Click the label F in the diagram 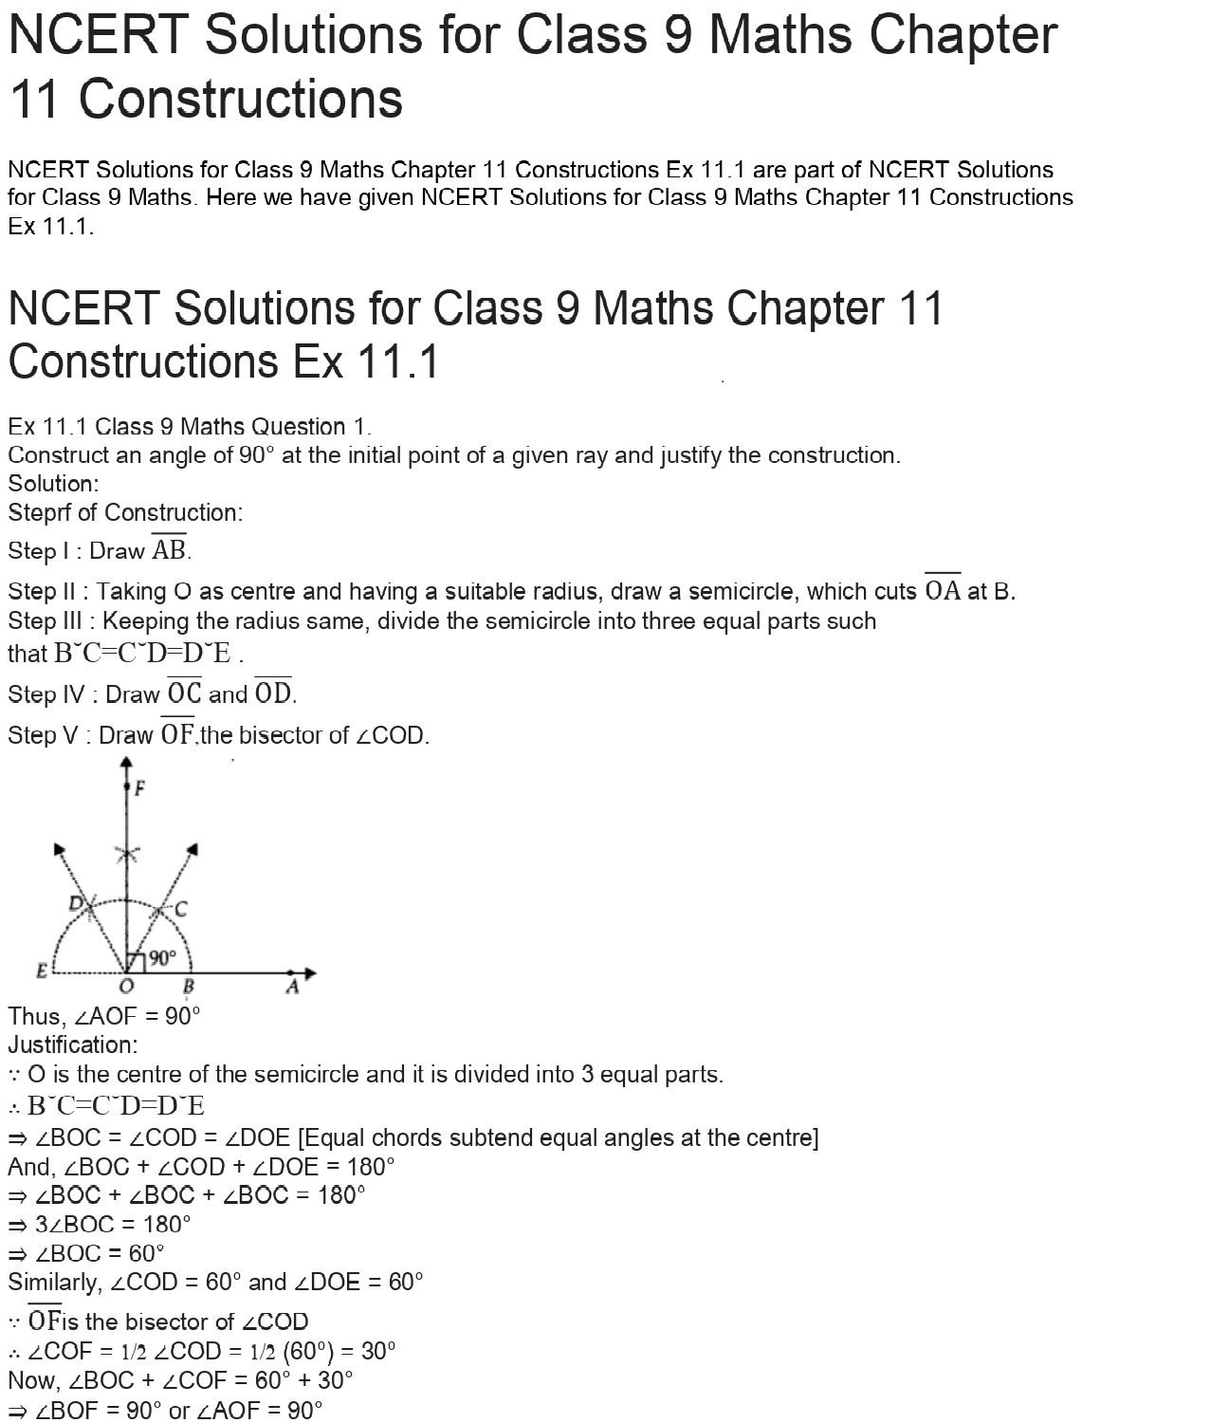click(x=140, y=787)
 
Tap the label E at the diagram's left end click(x=42, y=970)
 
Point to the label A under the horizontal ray click(x=292, y=989)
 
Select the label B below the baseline click(x=188, y=989)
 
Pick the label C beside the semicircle click(x=180, y=910)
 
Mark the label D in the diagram click(x=76, y=903)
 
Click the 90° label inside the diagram click(x=162, y=958)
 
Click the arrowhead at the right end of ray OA click(x=309, y=972)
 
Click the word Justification click(x=72, y=1045)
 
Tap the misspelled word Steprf click(x=39, y=513)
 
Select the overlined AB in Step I click(x=170, y=550)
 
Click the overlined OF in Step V click(x=177, y=734)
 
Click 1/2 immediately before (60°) click(x=261, y=1352)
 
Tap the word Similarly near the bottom click(x=54, y=1283)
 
